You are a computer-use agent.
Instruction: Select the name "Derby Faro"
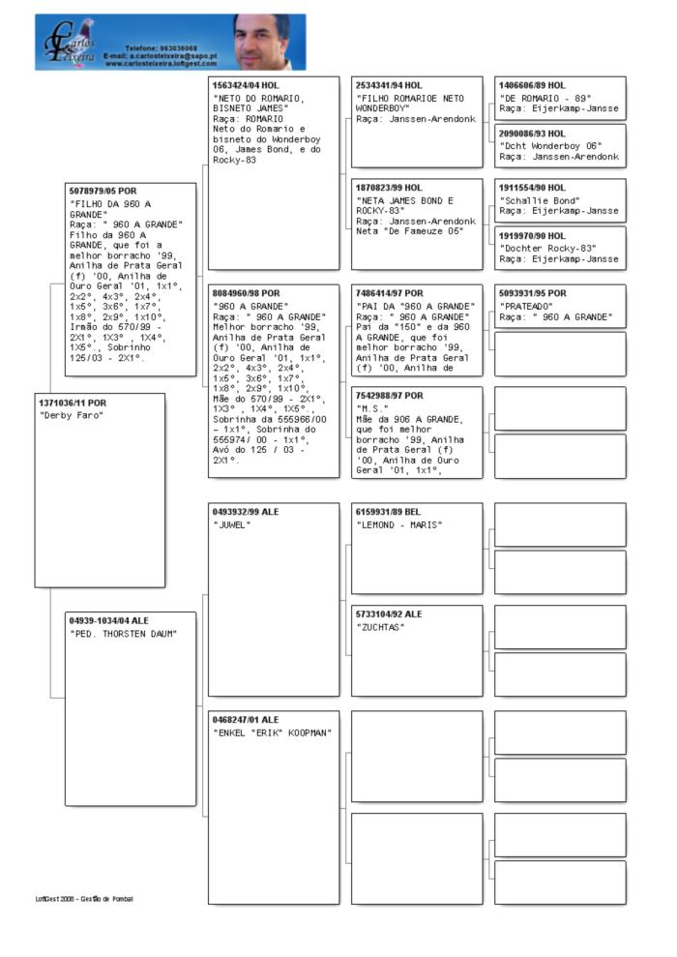coord(71,415)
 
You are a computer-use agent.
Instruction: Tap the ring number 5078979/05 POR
coord(103,192)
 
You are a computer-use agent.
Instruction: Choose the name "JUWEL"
coord(232,524)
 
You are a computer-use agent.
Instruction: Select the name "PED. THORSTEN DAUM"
coord(123,634)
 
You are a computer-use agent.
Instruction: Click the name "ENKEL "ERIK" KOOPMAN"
coord(272,733)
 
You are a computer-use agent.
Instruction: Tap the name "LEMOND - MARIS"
coord(398,524)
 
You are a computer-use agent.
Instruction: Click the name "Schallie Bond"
coord(539,200)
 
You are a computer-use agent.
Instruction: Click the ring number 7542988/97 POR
coord(389,396)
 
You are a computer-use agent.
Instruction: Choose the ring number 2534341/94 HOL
coord(389,85)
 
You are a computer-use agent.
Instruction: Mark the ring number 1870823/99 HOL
coord(389,188)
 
